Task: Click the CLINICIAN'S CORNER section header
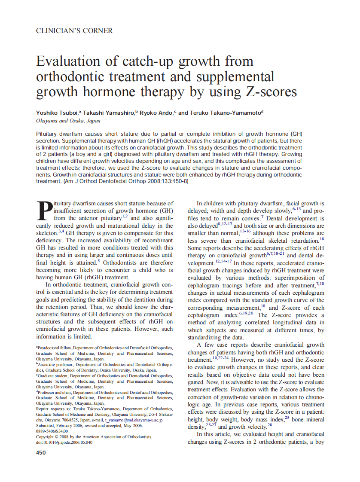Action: click(74, 31)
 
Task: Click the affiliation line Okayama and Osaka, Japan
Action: click(68, 121)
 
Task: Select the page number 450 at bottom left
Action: click(41, 452)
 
